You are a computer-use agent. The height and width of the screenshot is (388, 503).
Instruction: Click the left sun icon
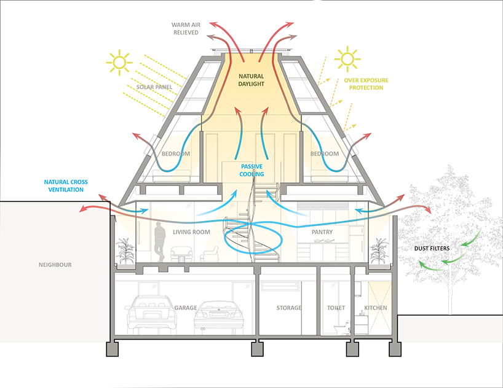119,61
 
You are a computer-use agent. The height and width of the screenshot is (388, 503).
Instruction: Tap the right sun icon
347,59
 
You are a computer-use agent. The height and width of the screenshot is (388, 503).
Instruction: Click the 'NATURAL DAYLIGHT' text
251,81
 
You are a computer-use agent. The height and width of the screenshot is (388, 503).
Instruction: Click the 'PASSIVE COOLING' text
251,171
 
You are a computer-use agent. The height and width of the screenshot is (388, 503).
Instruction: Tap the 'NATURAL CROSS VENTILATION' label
72,185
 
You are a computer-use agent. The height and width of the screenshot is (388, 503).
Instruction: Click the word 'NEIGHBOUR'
55,265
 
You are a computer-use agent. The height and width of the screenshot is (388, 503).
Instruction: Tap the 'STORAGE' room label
288,308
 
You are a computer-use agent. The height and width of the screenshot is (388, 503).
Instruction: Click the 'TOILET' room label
336,308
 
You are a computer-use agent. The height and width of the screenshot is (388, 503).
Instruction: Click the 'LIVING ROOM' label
191,232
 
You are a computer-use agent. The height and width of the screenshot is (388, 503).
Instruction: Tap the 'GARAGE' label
185,308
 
